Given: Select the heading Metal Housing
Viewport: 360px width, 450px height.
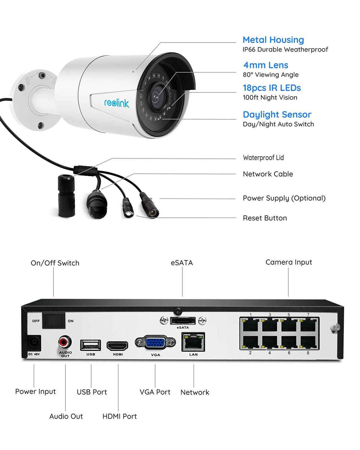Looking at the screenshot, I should click(x=273, y=40).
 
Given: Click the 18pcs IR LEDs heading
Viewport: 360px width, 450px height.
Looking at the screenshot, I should click(x=272, y=88).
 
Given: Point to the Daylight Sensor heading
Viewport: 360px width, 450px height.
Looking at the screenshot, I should click(x=277, y=115).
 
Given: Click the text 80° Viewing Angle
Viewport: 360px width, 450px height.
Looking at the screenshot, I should click(x=271, y=75).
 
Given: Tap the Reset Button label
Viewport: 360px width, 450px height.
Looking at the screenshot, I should click(x=265, y=218).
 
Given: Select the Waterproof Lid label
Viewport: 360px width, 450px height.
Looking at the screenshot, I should click(x=263, y=158).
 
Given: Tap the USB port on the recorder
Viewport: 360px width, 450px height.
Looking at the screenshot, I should click(x=90, y=345).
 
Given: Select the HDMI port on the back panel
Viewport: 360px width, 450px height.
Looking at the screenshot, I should click(x=118, y=346).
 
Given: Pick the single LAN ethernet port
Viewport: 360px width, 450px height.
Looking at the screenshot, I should click(x=193, y=342).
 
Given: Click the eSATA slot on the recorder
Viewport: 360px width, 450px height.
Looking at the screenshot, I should click(x=183, y=321).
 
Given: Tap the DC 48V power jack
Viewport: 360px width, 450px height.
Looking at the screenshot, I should click(x=34, y=342).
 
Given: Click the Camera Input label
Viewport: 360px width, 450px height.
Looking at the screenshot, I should click(x=289, y=262).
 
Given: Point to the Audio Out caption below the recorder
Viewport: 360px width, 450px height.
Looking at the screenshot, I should click(x=66, y=416).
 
